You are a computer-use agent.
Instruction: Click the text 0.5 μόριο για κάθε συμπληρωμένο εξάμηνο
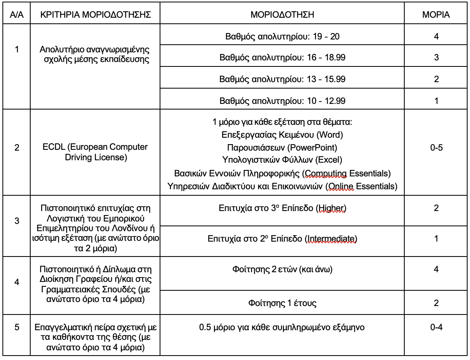(282, 327)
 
